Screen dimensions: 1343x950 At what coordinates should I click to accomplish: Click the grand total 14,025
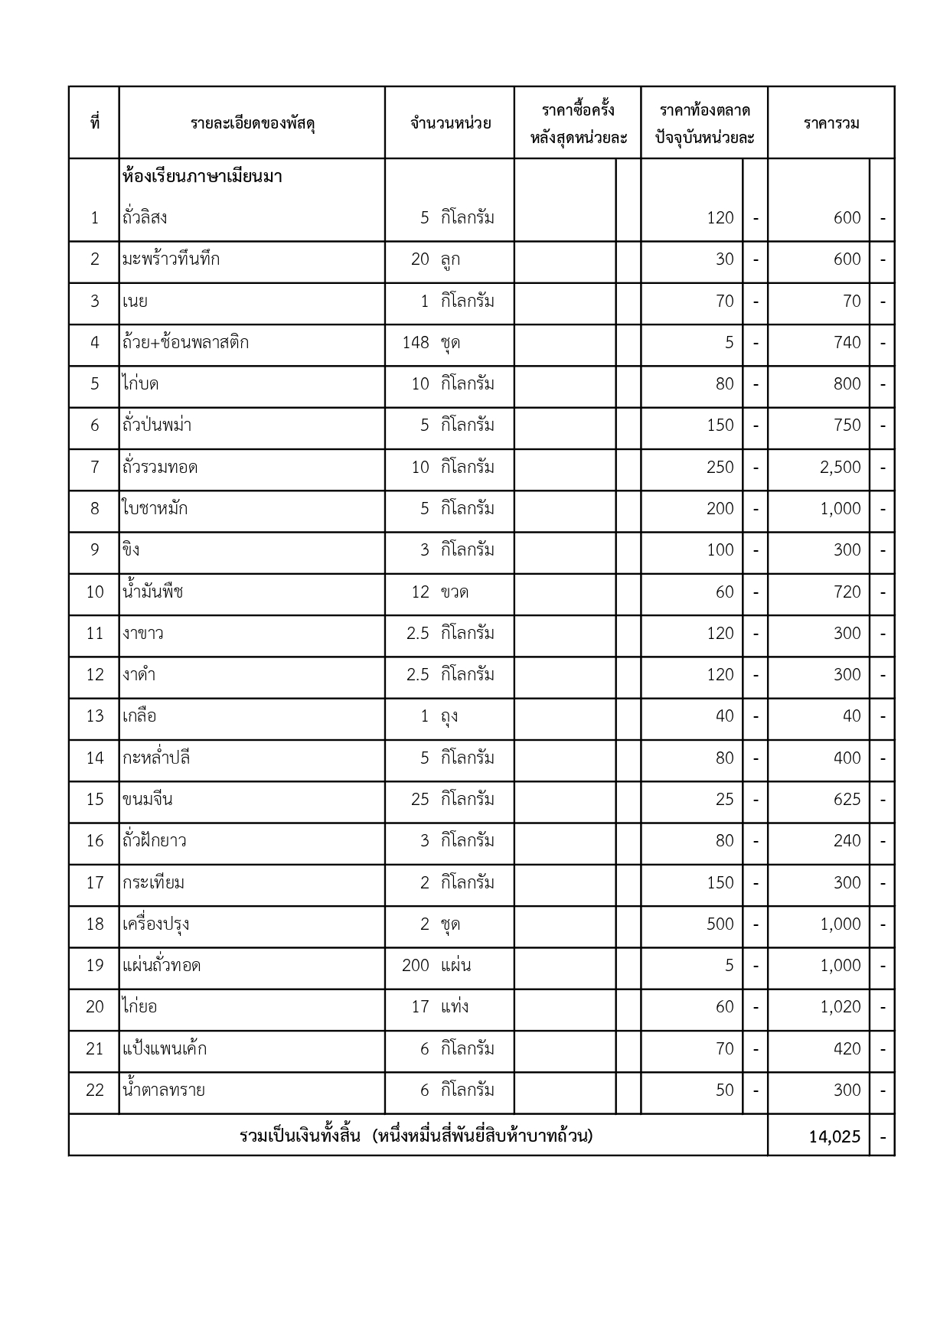(834, 1137)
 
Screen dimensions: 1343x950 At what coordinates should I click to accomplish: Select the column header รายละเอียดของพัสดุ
(253, 123)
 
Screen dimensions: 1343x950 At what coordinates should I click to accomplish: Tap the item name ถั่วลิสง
(145, 218)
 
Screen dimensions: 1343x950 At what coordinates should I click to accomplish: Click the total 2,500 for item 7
(840, 468)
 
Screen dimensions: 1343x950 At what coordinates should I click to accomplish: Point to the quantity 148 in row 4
(416, 343)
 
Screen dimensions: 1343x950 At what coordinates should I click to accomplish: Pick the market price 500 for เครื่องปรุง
(720, 924)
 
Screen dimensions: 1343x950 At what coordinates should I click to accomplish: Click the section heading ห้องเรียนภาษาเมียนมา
(202, 177)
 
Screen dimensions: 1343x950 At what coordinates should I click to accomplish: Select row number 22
(94, 1090)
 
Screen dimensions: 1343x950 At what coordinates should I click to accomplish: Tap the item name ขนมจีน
(147, 800)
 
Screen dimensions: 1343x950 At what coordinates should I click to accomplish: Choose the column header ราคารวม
(831, 123)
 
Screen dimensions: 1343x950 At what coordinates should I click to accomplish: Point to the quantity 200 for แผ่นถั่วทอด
(415, 966)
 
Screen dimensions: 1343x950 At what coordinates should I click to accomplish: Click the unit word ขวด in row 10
(455, 592)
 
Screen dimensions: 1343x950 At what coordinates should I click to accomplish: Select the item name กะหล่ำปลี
(156, 758)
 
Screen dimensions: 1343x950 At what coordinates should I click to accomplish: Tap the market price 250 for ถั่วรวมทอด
(720, 468)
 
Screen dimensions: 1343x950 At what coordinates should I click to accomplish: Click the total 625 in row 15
(847, 800)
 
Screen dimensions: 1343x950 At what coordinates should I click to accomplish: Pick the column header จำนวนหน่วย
(450, 123)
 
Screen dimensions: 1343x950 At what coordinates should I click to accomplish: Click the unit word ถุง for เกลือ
(449, 717)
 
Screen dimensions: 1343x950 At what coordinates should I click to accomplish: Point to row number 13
(94, 716)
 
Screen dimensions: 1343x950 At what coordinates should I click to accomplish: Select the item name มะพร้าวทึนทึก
(171, 259)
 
